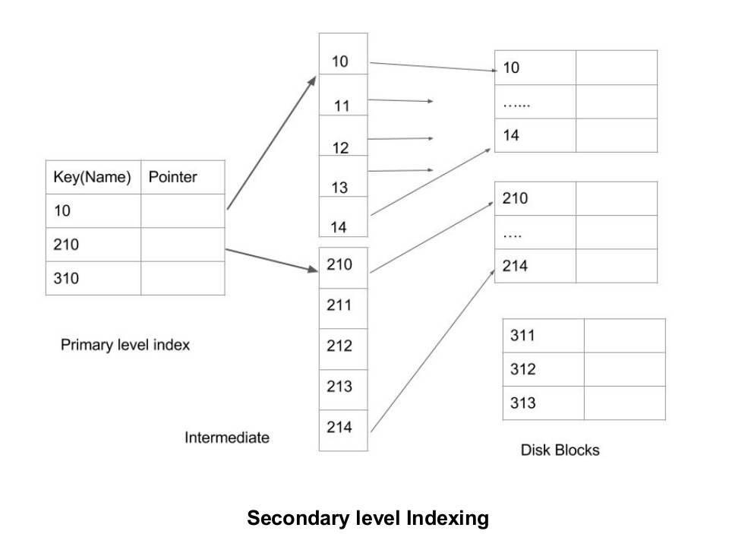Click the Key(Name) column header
(x=93, y=177)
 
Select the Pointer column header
(x=173, y=177)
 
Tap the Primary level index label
(x=125, y=345)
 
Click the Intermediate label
(x=226, y=438)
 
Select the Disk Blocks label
(x=560, y=450)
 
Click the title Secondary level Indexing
(x=368, y=518)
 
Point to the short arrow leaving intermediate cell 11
(x=400, y=100)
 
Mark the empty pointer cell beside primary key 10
(x=182, y=210)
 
